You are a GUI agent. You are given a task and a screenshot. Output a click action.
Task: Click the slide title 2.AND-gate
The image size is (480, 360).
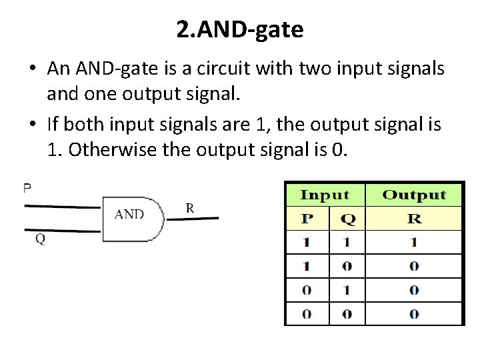(x=240, y=29)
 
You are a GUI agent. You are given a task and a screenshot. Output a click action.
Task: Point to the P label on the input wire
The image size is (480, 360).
(x=27, y=188)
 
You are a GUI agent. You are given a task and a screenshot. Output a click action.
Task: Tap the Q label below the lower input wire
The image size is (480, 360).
(x=40, y=239)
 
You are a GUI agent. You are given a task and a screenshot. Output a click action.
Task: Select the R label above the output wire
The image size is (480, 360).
(x=190, y=208)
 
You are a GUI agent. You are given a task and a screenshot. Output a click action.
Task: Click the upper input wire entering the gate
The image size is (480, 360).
(x=63, y=207)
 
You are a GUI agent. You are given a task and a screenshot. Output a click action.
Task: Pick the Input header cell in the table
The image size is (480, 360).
(x=325, y=195)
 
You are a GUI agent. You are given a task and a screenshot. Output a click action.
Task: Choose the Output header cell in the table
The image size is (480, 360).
(x=414, y=195)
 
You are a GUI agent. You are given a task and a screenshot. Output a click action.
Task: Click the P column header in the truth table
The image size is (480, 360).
(x=306, y=219)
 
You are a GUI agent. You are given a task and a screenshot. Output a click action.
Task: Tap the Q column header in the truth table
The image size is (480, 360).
(x=348, y=219)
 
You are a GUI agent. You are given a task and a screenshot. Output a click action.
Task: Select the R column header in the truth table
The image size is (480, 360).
(x=414, y=219)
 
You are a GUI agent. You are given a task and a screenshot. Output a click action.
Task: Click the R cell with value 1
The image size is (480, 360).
(x=414, y=243)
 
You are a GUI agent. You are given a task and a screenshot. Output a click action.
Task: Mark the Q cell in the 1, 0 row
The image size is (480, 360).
(x=348, y=266)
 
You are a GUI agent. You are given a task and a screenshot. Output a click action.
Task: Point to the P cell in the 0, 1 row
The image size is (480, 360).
(x=306, y=290)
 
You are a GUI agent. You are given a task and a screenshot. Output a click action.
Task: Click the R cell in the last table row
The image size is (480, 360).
(x=414, y=314)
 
